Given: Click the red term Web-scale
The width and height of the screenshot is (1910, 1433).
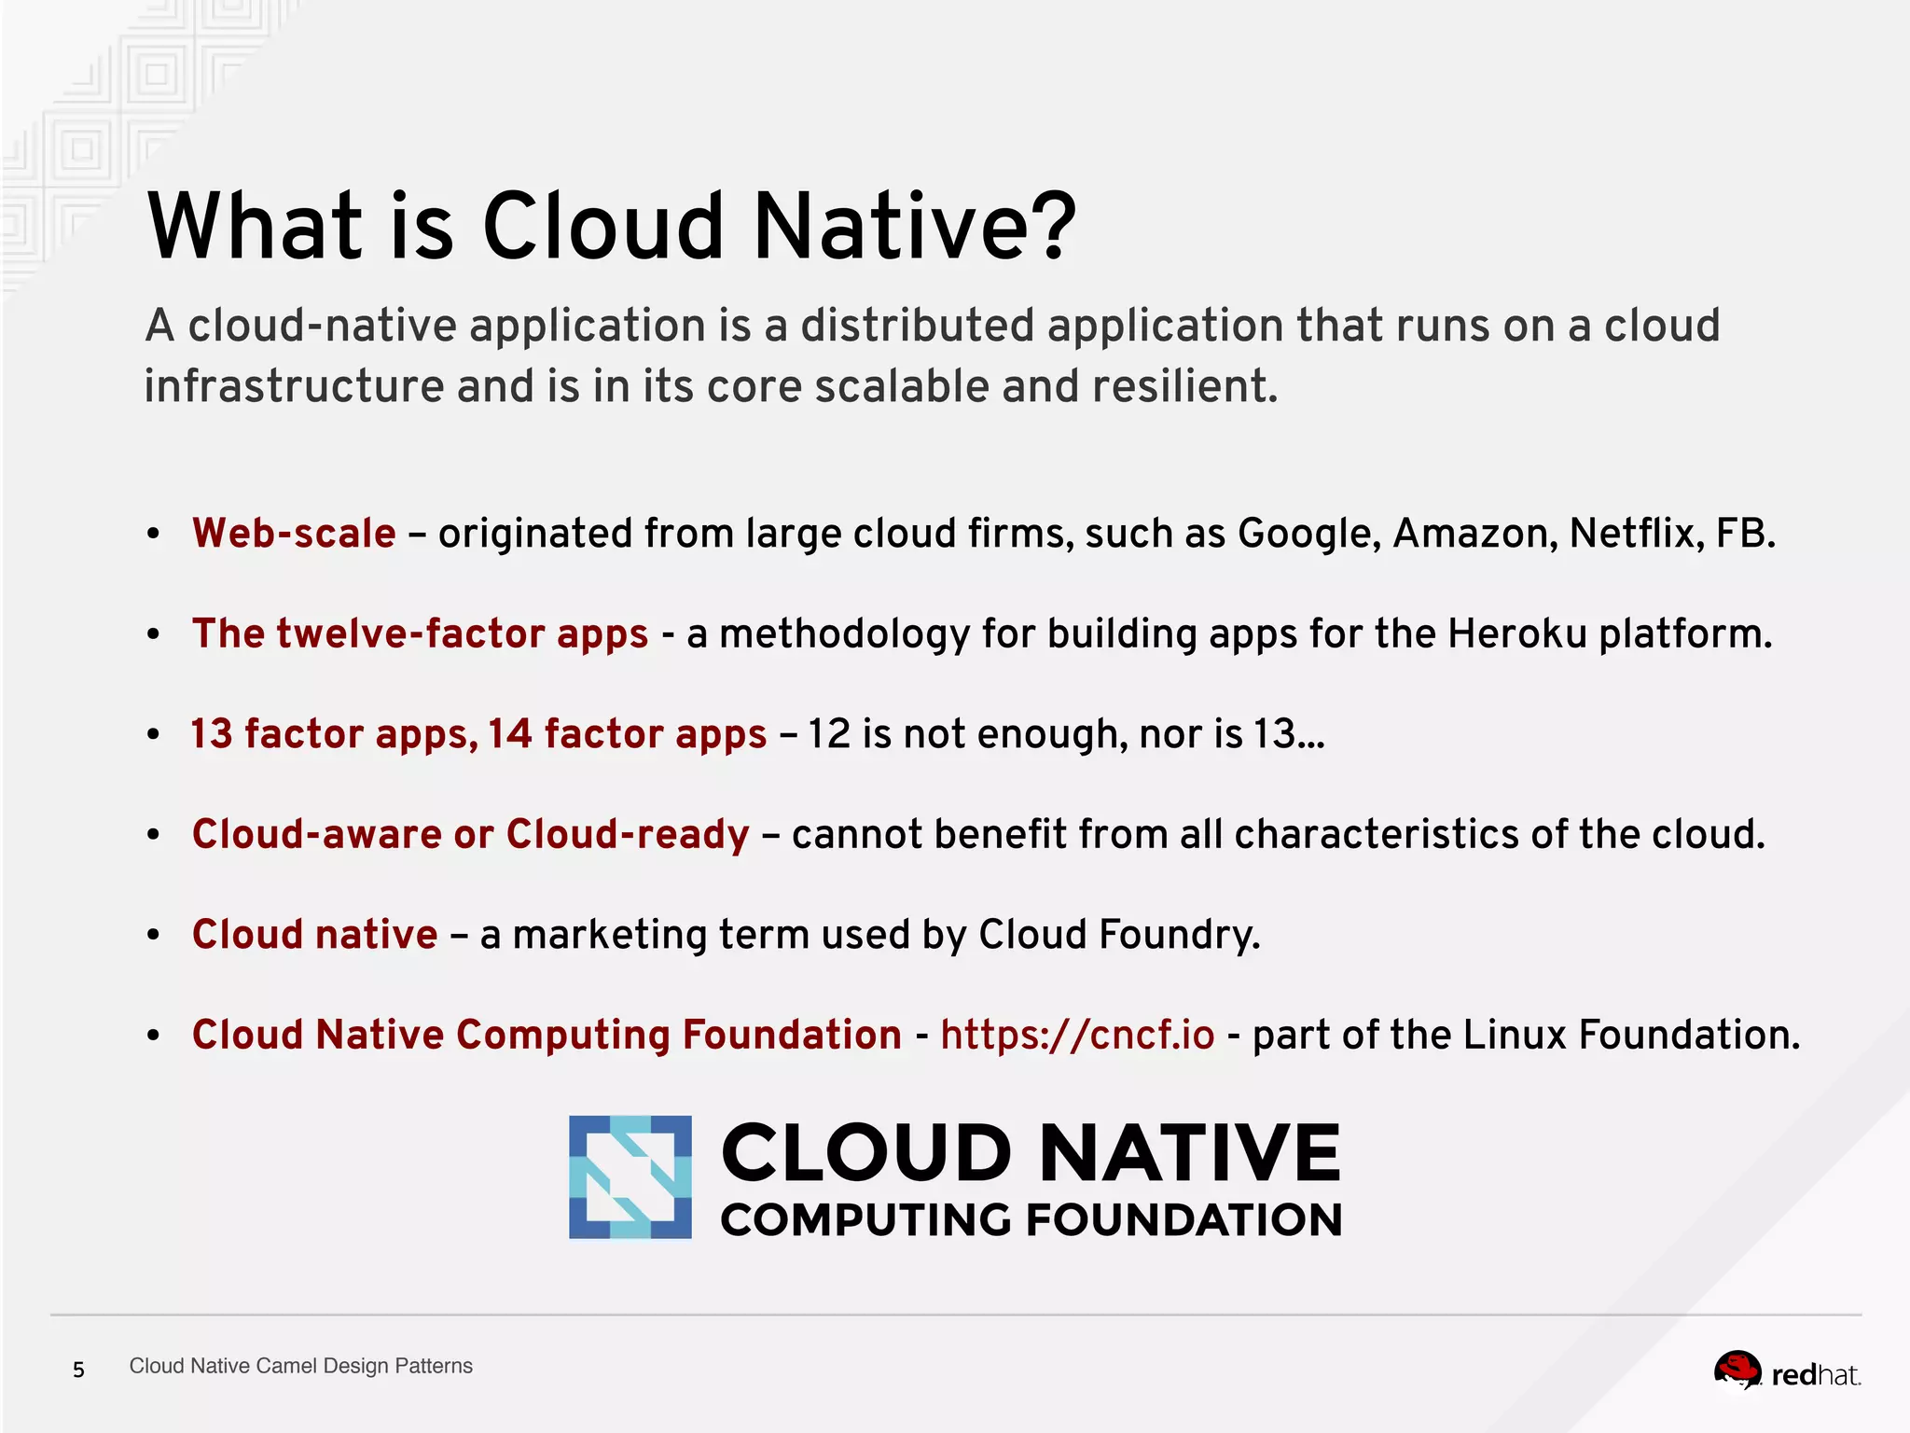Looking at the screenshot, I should coord(294,534).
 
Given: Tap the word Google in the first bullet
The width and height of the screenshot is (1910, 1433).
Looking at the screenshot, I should coord(1308,534).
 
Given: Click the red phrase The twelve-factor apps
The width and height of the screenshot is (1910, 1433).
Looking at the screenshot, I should coord(420,634).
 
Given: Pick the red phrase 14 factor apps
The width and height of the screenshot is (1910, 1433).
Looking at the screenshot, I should coord(627,734).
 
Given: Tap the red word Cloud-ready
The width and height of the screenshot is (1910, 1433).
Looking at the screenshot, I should coord(628,834).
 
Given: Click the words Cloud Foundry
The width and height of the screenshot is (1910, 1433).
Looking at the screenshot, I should coord(1118,935).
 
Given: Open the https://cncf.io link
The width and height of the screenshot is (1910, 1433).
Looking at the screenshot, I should coord(1077,1036).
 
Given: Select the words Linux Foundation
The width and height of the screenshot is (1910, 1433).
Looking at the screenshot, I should coord(1630,1036).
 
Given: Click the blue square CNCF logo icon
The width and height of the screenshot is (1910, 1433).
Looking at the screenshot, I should coord(630,1177).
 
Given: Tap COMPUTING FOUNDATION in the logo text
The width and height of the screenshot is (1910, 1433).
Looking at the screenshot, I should coord(1031,1220).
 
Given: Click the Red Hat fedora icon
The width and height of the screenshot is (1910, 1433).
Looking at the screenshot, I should coord(1737,1370).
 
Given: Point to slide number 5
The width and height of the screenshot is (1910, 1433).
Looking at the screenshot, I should coord(79,1370).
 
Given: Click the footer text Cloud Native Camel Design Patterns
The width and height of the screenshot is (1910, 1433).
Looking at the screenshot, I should coord(300,1366).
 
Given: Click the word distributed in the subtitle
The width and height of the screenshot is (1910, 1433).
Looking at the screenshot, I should coord(917,326).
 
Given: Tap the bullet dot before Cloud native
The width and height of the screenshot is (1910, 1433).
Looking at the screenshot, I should coord(154,935).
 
